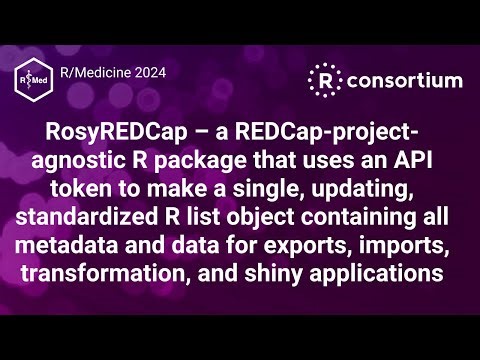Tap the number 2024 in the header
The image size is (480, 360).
click(x=145, y=72)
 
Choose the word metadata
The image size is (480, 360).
click(x=80, y=236)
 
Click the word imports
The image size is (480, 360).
click(x=398, y=236)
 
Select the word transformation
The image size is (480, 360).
click(x=122, y=262)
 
